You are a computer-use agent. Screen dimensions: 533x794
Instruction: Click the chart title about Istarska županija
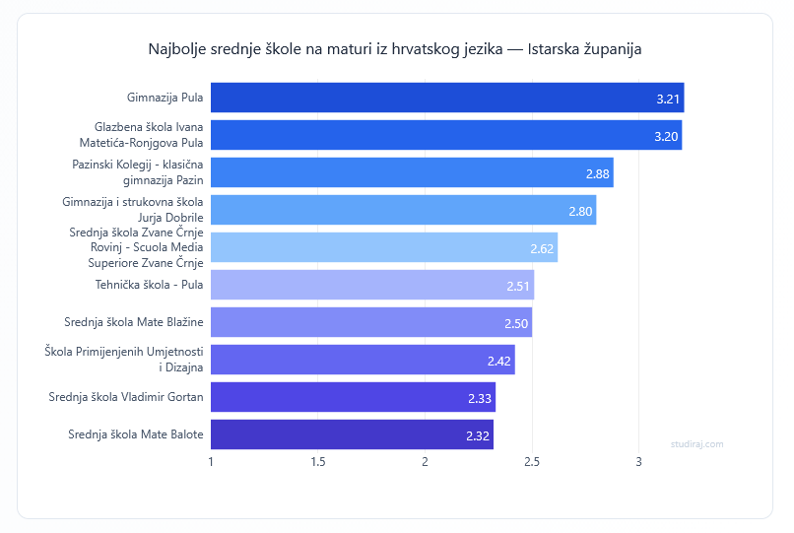tap(395, 48)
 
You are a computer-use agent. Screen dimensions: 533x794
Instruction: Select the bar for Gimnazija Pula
tap(447, 98)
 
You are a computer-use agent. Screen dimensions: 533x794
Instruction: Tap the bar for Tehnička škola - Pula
tap(372, 285)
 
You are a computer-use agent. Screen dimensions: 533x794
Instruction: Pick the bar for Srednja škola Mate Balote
tap(352, 434)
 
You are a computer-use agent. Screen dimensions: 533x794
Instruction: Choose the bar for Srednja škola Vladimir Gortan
tap(353, 397)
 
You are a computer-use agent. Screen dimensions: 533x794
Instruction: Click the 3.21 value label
tap(668, 99)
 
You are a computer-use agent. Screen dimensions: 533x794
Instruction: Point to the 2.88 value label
tap(597, 173)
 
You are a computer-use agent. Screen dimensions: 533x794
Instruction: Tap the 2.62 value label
tap(542, 248)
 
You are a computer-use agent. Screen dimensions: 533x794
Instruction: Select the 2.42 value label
tap(498, 361)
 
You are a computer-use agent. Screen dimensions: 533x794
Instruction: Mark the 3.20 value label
tap(666, 136)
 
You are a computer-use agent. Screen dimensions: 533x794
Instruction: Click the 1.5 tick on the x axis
tap(318, 461)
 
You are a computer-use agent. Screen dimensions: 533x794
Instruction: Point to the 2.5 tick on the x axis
tap(532, 461)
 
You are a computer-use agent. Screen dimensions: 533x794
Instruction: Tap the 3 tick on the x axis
tap(639, 461)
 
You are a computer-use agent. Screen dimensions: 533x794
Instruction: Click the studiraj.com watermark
tap(696, 443)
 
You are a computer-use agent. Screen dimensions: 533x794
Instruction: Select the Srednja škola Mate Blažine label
tap(134, 322)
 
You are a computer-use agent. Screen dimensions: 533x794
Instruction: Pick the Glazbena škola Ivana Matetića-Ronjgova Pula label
tap(149, 135)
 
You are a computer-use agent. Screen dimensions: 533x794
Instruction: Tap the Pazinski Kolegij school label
tap(138, 172)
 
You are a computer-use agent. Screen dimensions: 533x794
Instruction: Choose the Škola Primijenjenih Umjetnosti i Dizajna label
tap(124, 360)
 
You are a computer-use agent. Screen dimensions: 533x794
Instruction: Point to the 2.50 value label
tap(516, 323)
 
